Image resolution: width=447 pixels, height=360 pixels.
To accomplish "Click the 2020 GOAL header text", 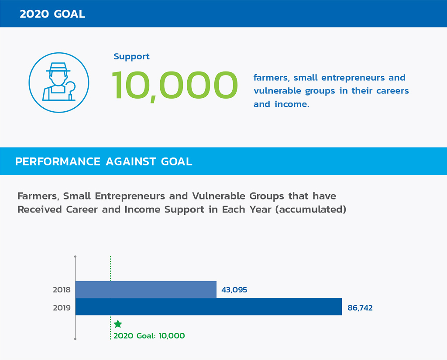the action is click(52, 14).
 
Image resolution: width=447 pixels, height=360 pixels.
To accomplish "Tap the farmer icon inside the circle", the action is click(59, 82).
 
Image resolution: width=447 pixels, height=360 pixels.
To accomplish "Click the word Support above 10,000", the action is click(131, 56).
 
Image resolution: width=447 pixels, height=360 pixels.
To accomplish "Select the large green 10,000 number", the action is click(175, 86).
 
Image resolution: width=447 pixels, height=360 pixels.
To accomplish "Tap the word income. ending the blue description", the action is click(292, 104).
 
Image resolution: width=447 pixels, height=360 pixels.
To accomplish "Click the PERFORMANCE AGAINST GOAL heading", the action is click(104, 161).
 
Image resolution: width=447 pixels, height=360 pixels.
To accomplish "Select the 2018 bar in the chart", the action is click(146, 290).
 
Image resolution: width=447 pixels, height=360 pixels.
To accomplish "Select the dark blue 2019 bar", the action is click(209, 307).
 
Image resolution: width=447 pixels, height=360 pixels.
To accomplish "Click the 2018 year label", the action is click(62, 290).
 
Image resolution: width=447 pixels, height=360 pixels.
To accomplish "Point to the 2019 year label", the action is click(62, 308).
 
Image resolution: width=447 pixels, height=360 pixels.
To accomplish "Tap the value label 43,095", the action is click(234, 290).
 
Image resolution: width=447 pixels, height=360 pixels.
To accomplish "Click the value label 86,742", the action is click(360, 308).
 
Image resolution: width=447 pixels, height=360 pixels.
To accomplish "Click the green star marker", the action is click(118, 324).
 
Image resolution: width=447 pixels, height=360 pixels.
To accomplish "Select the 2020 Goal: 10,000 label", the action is click(149, 336).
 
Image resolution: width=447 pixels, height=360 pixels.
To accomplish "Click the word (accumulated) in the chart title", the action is click(311, 209).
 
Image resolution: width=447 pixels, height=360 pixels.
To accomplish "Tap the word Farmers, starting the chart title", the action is click(38, 196).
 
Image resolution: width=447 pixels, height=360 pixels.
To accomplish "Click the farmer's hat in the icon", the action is click(58, 67).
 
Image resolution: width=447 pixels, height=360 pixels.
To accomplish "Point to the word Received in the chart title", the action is click(40, 209).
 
